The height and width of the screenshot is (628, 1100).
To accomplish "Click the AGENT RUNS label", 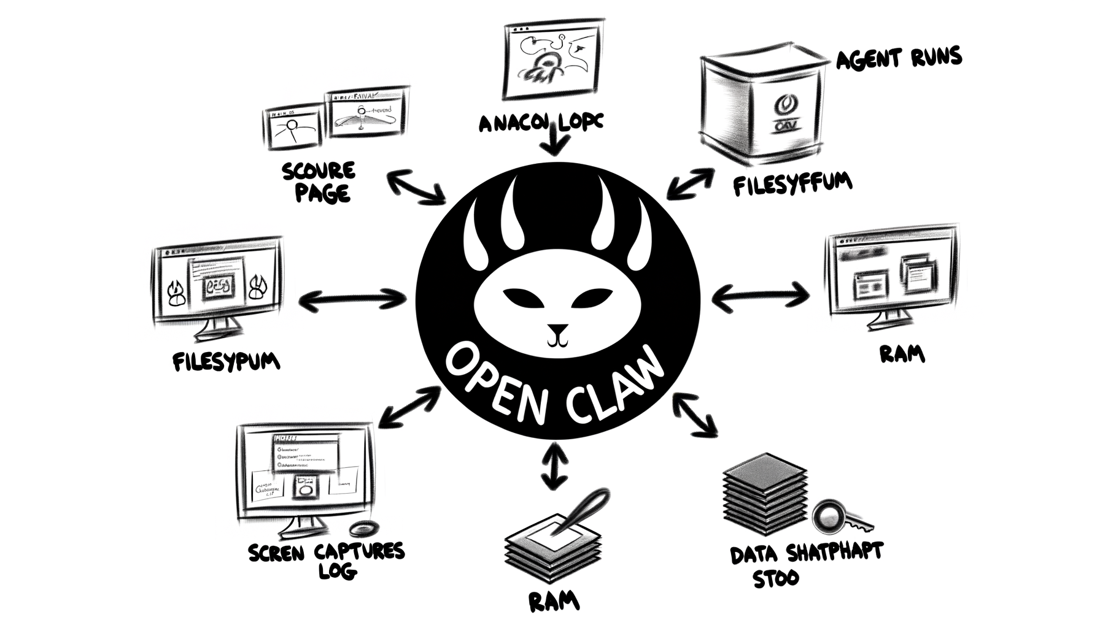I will [899, 59].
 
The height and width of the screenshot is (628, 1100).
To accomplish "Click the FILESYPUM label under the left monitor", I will [226, 361].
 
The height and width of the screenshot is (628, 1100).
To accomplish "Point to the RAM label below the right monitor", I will [902, 354].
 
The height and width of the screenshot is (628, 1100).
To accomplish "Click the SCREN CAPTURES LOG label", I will [327, 559].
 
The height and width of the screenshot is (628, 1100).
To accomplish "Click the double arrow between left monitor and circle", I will [352, 300].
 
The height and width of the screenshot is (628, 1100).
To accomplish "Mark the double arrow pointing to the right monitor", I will [761, 297].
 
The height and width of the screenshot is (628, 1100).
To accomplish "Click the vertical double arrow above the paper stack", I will [555, 465].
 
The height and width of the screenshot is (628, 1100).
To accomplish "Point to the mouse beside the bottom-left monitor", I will [363, 528].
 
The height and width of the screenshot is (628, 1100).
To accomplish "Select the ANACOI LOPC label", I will [541, 123].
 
